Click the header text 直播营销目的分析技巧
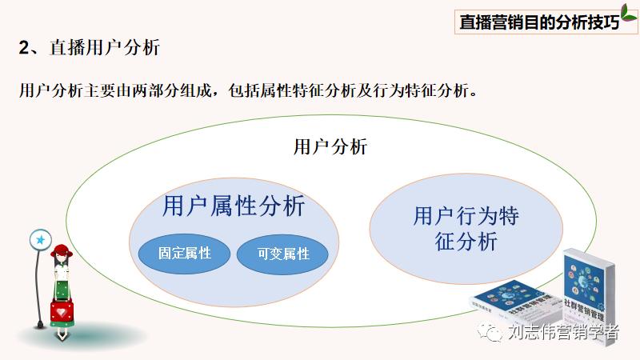click(539, 22)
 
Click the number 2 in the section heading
click(24, 48)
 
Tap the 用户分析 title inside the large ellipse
click(330, 146)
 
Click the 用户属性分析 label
click(234, 206)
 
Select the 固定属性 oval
click(185, 253)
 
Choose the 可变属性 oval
click(284, 254)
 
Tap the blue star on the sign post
click(40, 238)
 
